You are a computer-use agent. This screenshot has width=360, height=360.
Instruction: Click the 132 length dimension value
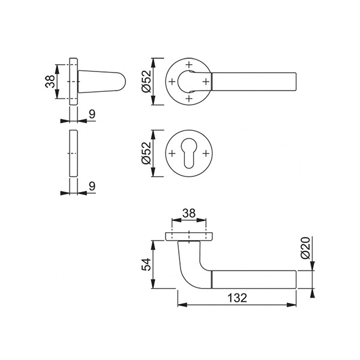coord(237,298)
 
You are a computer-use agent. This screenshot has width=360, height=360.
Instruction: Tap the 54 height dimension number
coord(146,264)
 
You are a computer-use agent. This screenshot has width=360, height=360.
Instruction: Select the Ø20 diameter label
coord(305,248)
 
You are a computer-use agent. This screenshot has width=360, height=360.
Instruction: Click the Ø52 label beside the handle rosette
coord(147,81)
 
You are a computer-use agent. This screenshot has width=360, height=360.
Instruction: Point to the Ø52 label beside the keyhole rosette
coord(147,153)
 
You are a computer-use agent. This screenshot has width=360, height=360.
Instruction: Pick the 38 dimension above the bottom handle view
coord(189,213)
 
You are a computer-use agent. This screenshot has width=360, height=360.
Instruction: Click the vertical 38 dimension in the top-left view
coord(50,81)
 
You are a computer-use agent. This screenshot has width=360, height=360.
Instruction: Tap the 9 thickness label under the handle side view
coord(92,114)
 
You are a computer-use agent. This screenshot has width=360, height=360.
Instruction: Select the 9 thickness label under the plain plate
coord(92,186)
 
